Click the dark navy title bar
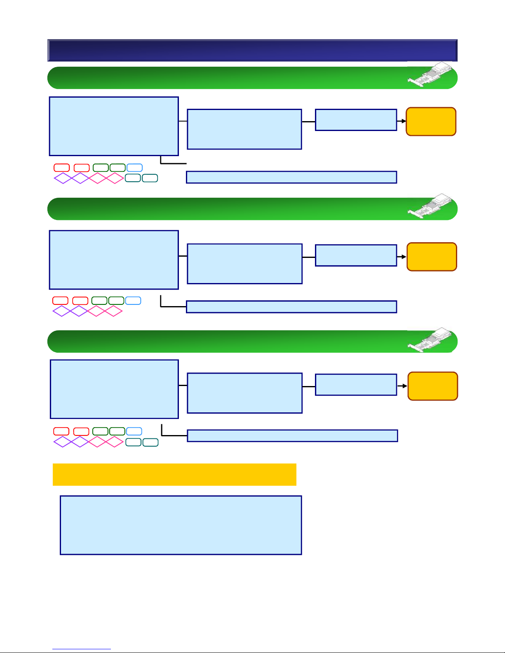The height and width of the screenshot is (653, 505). click(252, 50)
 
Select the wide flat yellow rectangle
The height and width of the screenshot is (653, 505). click(174, 474)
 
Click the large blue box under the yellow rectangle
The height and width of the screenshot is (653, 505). click(181, 525)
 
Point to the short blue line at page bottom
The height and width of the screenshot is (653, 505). click(82, 649)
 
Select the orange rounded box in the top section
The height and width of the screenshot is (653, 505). click(431, 122)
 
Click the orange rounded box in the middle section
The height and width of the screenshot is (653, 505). click(432, 257)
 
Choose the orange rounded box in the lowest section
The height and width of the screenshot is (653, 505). click(432, 386)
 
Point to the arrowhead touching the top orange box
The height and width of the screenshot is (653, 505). click(404, 121)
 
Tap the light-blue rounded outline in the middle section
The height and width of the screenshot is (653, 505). click(133, 300)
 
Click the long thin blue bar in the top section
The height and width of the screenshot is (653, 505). click(291, 177)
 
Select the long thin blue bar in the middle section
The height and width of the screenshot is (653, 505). click(291, 307)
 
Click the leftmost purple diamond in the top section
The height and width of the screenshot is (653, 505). click(63, 178)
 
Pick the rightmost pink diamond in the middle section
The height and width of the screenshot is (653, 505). click(113, 311)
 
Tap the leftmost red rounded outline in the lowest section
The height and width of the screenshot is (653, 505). click(61, 431)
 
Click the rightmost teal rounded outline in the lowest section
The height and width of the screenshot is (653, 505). click(150, 442)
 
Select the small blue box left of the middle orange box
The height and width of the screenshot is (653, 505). click(356, 255)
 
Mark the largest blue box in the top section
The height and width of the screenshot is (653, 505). click(114, 126)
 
